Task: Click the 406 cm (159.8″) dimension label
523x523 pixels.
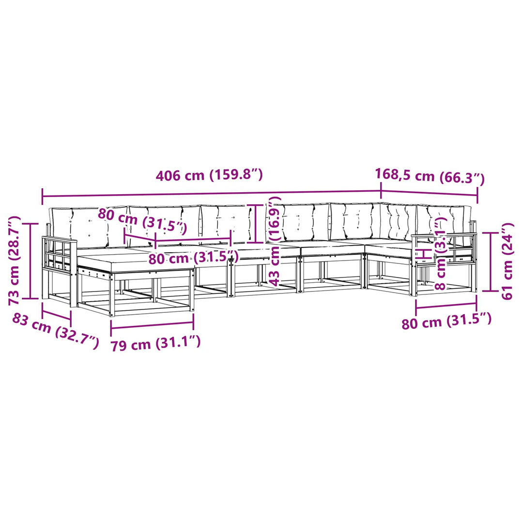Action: click(x=210, y=175)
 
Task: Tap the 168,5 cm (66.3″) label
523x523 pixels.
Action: click(x=430, y=177)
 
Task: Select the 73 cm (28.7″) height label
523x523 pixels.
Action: click(x=15, y=261)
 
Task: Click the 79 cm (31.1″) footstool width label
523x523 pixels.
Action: click(x=155, y=343)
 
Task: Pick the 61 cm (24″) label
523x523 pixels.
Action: click(x=507, y=261)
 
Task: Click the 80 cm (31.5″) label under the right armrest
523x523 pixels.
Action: click(x=446, y=321)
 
